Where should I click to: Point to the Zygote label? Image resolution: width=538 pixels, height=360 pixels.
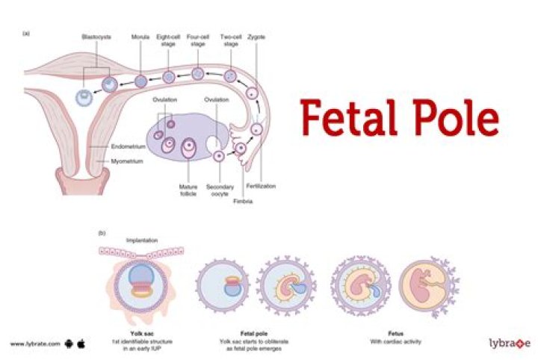(x=259, y=37)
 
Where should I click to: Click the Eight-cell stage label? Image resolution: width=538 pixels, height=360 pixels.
(x=169, y=40)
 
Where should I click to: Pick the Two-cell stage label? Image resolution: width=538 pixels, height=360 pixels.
(x=230, y=40)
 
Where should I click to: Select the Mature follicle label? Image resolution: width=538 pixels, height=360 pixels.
(x=188, y=190)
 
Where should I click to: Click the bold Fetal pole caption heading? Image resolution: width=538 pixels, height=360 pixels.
(x=251, y=326)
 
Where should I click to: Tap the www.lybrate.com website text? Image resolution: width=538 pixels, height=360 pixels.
(x=33, y=344)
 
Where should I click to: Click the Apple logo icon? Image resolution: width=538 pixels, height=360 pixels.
(x=81, y=344)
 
